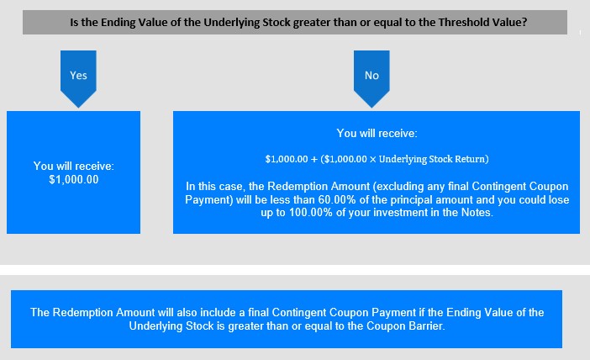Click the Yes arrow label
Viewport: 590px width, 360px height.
(x=78, y=76)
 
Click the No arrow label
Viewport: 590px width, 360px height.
(x=371, y=76)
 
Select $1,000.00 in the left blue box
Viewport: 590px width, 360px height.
(x=74, y=180)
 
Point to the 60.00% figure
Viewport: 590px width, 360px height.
(x=337, y=199)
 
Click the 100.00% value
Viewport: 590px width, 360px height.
(x=311, y=213)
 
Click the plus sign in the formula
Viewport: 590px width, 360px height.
(x=314, y=159)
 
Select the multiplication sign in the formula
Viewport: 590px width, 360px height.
(x=372, y=160)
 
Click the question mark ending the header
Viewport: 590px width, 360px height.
(x=524, y=22)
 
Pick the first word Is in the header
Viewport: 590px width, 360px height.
(x=74, y=22)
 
